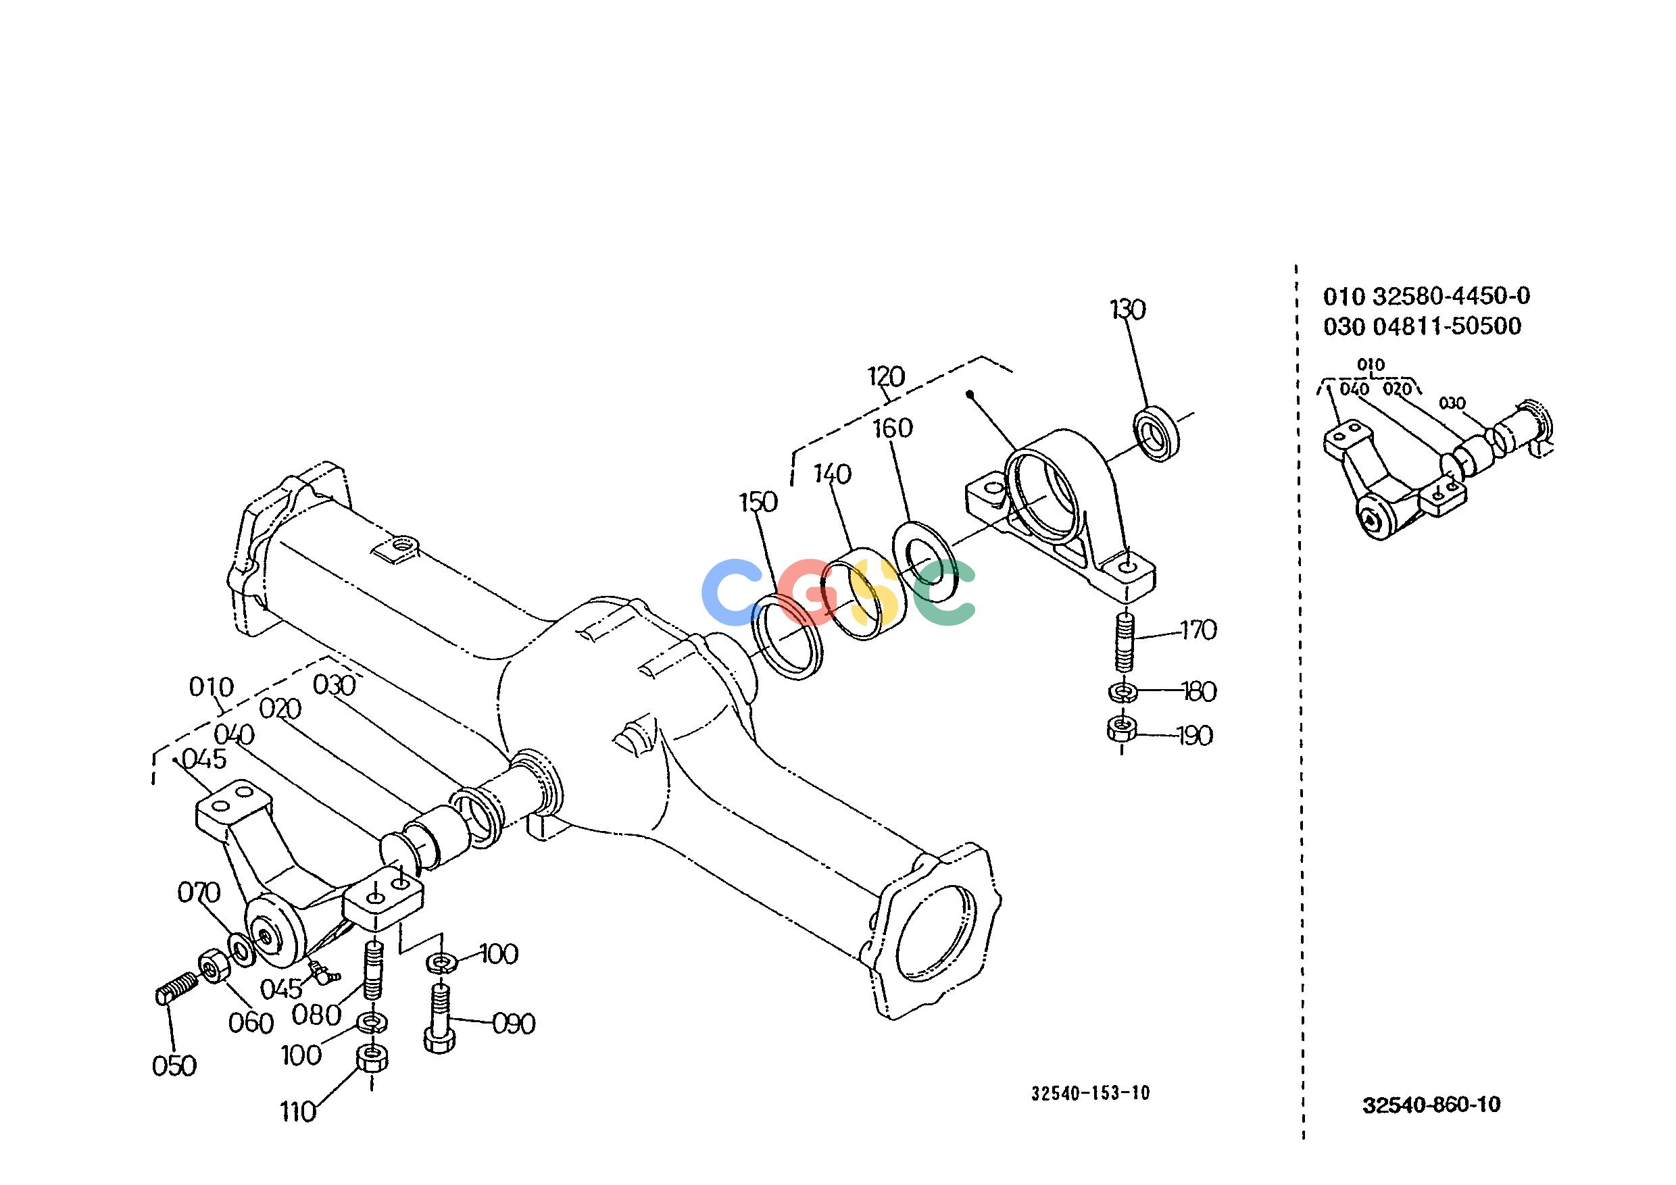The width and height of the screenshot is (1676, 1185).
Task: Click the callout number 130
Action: (1128, 310)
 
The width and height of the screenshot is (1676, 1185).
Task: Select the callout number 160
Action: (893, 428)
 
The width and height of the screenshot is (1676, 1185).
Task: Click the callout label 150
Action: (758, 503)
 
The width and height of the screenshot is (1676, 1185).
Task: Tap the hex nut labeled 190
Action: (1120, 728)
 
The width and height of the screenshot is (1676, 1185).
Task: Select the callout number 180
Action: (1198, 691)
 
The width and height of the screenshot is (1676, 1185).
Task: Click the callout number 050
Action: (174, 1066)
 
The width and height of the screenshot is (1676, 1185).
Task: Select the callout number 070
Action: (199, 892)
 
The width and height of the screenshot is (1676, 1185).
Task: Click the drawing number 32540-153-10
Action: (1091, 1092)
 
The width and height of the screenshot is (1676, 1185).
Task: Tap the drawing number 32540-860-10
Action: (1431, 1105)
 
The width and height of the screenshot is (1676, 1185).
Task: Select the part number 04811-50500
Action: (1447, 326)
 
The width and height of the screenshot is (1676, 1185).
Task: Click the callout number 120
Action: (886, 376)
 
